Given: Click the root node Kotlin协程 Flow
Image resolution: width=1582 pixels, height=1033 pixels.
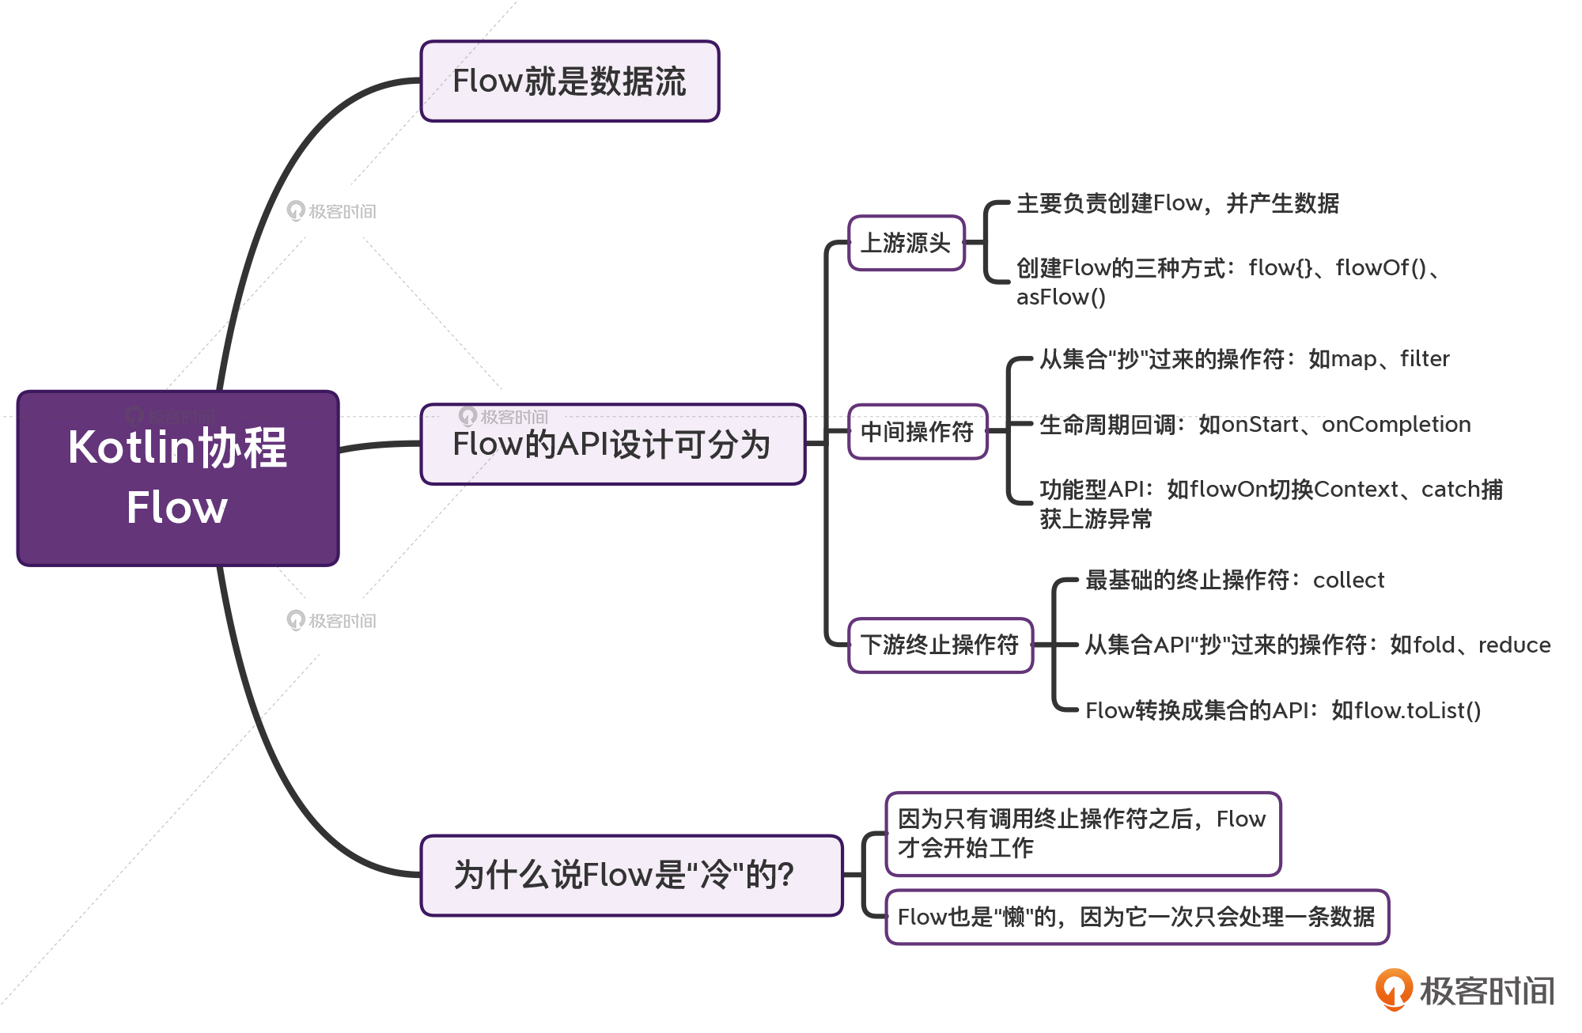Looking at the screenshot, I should (x=178, y=478).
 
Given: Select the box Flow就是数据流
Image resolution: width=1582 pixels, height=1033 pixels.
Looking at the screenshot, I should (x=570, y=81).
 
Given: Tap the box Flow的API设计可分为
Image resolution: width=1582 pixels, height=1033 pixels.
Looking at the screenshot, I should (x=612, y=445).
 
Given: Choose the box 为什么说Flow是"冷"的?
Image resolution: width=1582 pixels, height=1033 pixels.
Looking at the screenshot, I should (x=631, y=876).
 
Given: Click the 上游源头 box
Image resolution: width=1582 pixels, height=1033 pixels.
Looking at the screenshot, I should (x=906, y=243).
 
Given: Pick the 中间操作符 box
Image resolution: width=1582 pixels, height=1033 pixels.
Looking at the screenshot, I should (x=918, y=432).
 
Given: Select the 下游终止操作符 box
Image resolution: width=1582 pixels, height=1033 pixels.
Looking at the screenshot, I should (x=940, y=645).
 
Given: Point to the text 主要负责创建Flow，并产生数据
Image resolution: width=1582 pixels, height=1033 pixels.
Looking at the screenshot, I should (x=1177, y=204).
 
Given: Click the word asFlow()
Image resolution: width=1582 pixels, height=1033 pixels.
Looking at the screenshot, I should (x=1061, y=297).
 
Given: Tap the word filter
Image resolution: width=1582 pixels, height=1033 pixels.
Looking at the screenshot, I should (x=1425, y=359).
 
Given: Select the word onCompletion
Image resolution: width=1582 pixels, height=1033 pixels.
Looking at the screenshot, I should (x=1396, y=425).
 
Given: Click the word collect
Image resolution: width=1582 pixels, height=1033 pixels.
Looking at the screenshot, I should (x=1349, y=581).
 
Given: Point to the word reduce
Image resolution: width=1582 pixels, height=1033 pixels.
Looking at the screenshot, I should (x=1514, y=645).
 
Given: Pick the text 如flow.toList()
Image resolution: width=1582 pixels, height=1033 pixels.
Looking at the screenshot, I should (x=1406, y=710).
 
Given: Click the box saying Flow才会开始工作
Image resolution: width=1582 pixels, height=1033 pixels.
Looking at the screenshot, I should (x=1082, y=834).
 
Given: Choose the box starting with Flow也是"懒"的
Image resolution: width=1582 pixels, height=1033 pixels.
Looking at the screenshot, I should (x=1137, y=918).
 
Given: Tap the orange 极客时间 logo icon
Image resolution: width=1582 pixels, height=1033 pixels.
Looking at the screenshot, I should (x=1393, y=989).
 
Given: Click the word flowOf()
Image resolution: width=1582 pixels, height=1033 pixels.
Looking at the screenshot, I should (x=1381, y=269).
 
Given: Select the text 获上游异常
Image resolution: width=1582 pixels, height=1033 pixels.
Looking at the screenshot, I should (x=1096, y=520).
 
